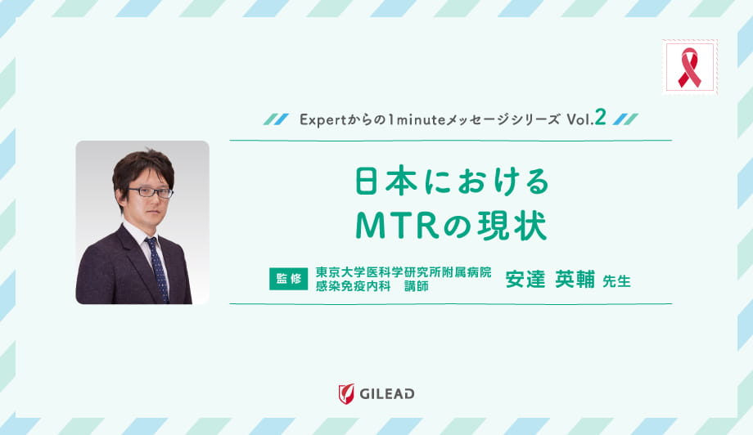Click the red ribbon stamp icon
[x=689, y=67]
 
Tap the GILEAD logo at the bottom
[x=376, y=394]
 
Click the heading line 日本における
[x=450, y=182]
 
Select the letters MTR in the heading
[x=393, y=226]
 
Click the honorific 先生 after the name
[x=615, y=281]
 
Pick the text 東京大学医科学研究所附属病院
[x=403, y=272]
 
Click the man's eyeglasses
[x=151, y=192]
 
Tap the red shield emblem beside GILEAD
[x=345, y=394]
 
